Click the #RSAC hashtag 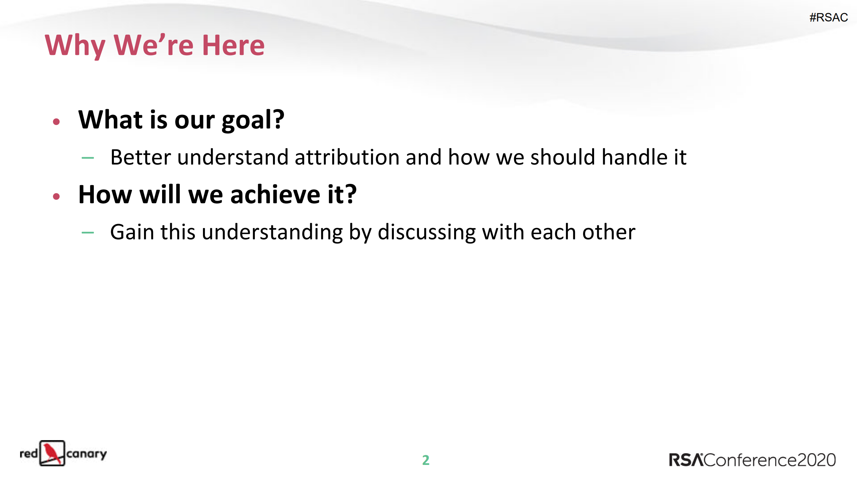coord(828,17)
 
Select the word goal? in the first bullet coord(253,120)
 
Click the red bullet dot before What coord(56,122)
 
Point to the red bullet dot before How coord(56,196)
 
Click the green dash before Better coord(88,158)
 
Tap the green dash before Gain coord(88,232)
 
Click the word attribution coord(347,157)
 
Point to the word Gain coord(132,232)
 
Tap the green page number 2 coord(426,460)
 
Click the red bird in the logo coord(52,453)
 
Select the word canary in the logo coord(86,454)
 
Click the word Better coord(141,157)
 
